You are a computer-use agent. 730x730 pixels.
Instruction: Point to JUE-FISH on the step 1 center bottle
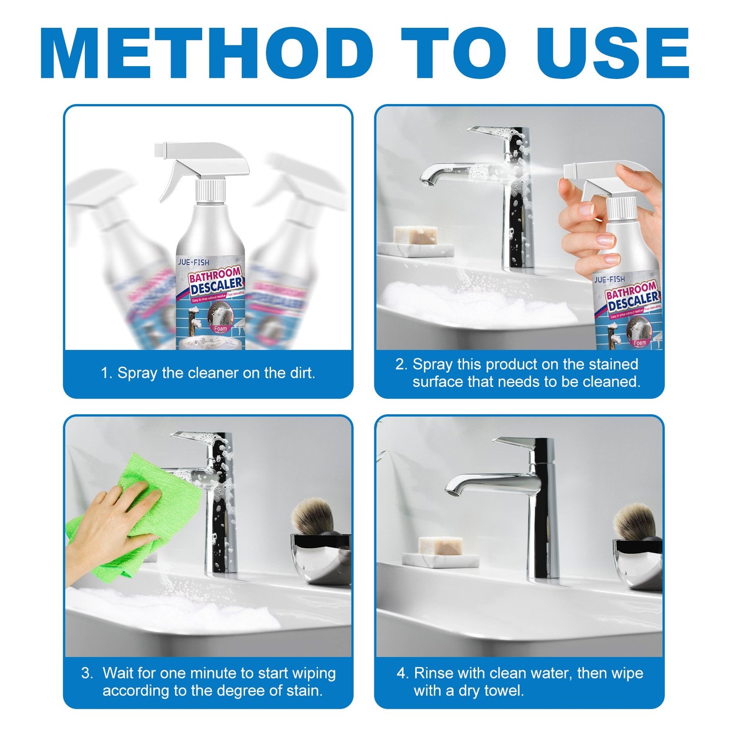click(x=193, y=262)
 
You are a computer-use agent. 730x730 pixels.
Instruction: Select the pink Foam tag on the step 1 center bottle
click(x=221, y=328)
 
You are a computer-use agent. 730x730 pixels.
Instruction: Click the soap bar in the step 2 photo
click(x=416, y=235)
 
